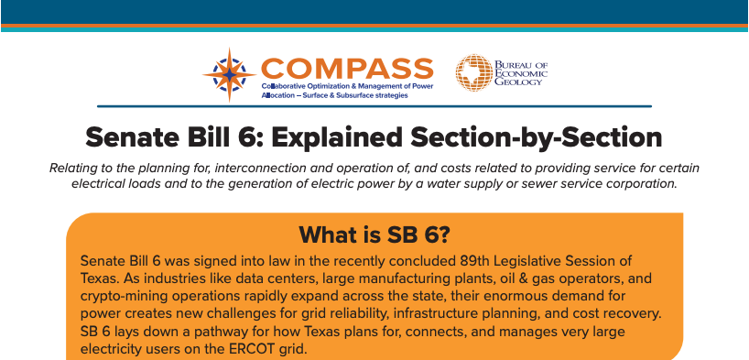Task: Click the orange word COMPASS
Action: (x=347, y=68)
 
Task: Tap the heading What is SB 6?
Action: (x=374, y=234)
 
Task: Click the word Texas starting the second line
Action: (x=100, y=278)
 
